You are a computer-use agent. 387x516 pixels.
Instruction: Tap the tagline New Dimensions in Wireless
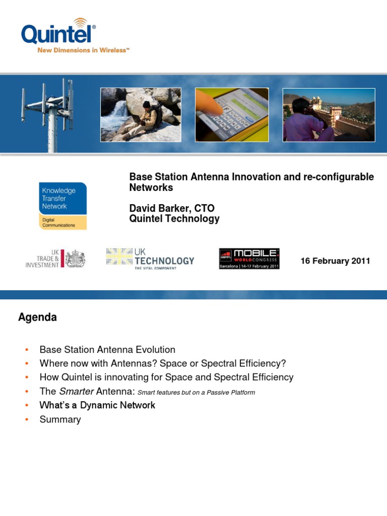pyautogui.click(x=83, y=51)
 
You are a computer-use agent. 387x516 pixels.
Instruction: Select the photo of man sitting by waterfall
pyautogui.click(x=141, y=115)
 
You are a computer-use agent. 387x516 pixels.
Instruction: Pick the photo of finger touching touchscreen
pyautogui.click(x=232, y=115)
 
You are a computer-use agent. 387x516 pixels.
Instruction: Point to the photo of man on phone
pyautogui.click(x=329, y=115)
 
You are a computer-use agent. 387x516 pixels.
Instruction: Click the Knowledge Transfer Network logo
pyautogui.click(x=63, y=206)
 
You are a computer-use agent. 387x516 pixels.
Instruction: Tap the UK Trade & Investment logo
pyautogui.click(x=55, y=259)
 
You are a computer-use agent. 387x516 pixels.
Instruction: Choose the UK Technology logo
pyautogui.click(x=150, y=259)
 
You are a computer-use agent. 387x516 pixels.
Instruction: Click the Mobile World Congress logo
pyautogui.click(x=249, y=259)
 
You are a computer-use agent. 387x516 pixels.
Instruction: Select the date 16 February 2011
pyautogui.click(x=335, y=261)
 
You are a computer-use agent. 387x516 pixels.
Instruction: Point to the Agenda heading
pyautogui.click(x=37, y=317)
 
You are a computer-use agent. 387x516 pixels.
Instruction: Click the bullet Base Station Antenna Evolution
pyautogui.click(x=107, y=350)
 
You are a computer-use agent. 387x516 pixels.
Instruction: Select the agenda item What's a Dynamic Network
pyautogui.click(x=97, y=405)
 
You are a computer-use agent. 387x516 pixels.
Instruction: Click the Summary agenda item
pyautogui.click(x=60, y=419)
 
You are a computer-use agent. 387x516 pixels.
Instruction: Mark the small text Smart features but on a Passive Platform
pyautogui.click(x=196, y=393)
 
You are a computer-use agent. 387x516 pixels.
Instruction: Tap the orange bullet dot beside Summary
pyautogui.click(x=26, y=420)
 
